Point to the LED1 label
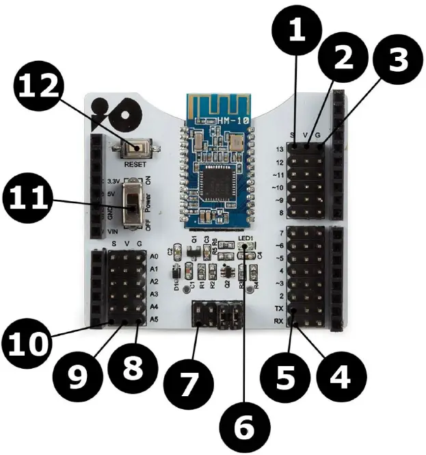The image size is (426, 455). tap(246, 239)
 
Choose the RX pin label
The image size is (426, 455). tap(278, 321)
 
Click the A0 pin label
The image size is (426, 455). tap(154, 257)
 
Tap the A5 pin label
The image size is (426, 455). tap(154, 319)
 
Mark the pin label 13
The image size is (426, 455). tap(278, 149)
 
